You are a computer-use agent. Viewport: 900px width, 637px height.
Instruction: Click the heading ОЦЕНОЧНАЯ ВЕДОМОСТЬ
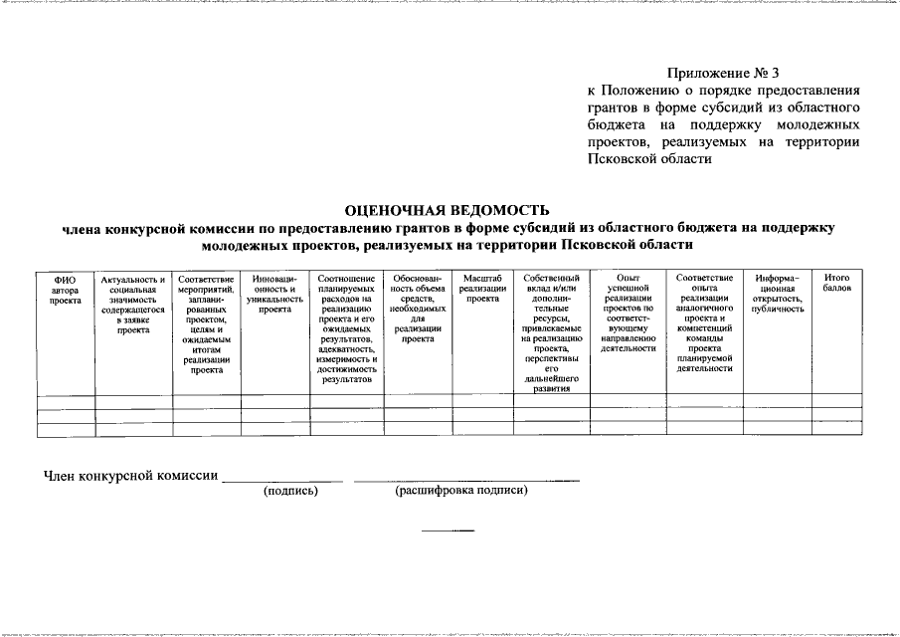pos(447,210)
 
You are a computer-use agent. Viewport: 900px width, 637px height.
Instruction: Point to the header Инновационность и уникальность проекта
pos(273,294)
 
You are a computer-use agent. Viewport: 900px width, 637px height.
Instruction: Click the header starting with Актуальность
pos(132,305)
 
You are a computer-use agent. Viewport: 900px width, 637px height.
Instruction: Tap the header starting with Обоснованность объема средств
pos(417,309)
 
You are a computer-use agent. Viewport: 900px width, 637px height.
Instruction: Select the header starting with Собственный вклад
pos(549,333)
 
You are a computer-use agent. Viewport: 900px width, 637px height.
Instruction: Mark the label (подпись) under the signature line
pos(290,491)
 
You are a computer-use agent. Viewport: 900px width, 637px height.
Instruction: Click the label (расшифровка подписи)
pos(460,491)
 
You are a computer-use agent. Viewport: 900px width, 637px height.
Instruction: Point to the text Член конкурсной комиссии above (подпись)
pos(130,475)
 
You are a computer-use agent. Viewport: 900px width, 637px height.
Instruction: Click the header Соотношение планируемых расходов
pos(346,328)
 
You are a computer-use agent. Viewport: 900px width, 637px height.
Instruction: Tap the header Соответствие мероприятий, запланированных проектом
pos(206,323)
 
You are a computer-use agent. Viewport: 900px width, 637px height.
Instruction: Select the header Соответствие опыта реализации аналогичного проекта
pos(704,322)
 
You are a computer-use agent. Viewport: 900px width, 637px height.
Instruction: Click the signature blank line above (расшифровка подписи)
pos(467,481)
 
